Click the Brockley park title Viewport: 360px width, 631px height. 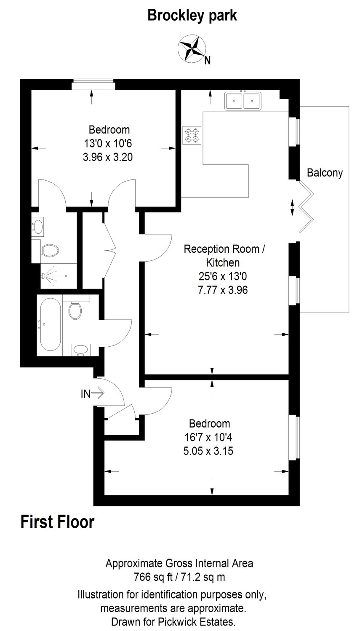click(x=192, y=16)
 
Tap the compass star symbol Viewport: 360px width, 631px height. click(x=192, y=48)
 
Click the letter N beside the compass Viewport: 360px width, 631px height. click(x=208, y=60)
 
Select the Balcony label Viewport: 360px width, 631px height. click(x=325, y=173)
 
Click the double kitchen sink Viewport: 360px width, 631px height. click(x=243, y=101)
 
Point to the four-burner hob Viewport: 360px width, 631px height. click(x=192, y=135)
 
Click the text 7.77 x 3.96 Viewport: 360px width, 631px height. click(x=223, y=290)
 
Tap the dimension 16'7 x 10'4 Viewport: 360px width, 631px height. click(x=208, y=438)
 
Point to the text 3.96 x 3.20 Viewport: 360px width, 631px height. click(x=108, y=157)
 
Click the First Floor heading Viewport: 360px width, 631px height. click(x=57, y=522)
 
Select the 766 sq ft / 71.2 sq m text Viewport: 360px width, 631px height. click(x=179, y=577)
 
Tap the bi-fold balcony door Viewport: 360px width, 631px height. click(x=306, y=207)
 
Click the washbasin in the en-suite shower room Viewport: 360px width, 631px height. click(x=38, y=226)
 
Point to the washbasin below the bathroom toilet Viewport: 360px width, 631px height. click(x=80, y=350)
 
